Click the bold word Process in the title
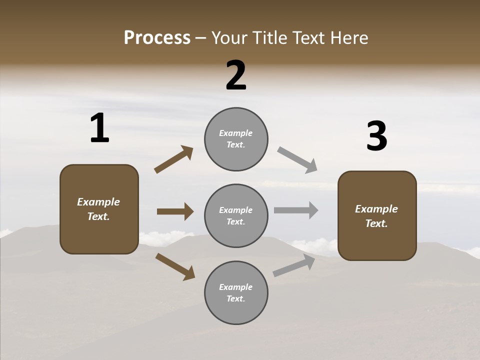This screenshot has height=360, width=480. [157, 38]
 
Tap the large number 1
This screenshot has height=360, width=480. [99, 128]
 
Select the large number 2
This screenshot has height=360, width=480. [236, 75]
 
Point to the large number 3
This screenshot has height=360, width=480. [376, 136]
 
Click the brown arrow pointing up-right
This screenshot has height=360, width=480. [173, 159]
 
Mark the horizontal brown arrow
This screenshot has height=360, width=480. [175, 211]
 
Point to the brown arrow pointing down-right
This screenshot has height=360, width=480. [175, 266]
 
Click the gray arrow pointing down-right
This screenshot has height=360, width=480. [297, 160]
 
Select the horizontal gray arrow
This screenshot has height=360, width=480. [296, 210]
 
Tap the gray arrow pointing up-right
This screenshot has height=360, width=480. [294, 265]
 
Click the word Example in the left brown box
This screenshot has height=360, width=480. [98, 202]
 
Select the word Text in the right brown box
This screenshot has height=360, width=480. [376, 223]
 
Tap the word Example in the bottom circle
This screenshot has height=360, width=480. [235, 287]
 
